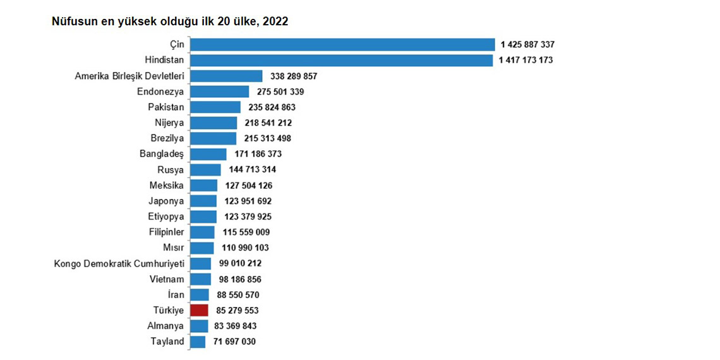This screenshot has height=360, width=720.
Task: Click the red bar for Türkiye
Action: (x=199, y=310)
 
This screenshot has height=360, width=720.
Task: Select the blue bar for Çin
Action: (x=342, y=44)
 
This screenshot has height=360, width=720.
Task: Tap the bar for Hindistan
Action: (x=341, y=60)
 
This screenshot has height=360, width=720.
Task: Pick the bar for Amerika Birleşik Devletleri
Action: (x=226, y=76)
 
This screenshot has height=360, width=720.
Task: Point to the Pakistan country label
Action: (x=166, y=107)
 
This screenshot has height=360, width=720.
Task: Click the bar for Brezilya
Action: (x=213, y=138)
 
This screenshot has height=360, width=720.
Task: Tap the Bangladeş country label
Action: (x=162, y=153)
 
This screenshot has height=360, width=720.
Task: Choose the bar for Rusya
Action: (x=205, y=169)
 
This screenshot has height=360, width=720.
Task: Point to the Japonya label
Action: (x=166, y=201)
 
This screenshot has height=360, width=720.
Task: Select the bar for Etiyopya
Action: (x=203, y=217)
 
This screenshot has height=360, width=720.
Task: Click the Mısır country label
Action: (x=173, y=248)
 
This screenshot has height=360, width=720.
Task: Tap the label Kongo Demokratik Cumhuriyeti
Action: (x=119, y=263)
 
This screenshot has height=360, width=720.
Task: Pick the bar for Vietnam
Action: (x=201, y=279)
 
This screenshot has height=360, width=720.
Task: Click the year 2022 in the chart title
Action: (x=276, y=21)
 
